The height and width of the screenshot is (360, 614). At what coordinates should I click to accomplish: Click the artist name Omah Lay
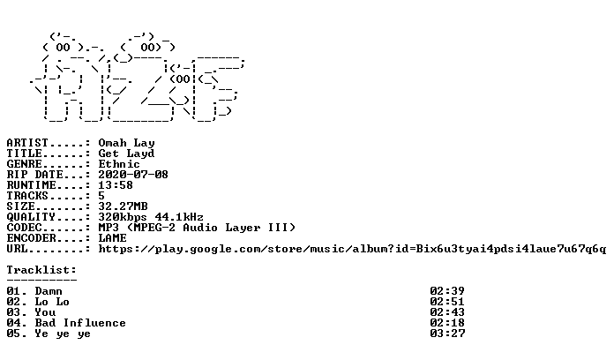coord(126,143)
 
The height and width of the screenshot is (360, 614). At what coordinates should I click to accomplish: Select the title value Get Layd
coord(126,154)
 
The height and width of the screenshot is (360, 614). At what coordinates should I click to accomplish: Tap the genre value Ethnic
coord(119,164)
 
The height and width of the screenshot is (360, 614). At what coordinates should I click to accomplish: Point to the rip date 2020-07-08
coord(133,175)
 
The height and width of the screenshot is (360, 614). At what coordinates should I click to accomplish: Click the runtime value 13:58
coord(116,185)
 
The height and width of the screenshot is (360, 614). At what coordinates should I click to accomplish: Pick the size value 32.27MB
coord(123,206)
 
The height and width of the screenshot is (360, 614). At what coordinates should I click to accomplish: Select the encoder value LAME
coord(112,237)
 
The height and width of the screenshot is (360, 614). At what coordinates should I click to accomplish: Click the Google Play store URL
coord(352,249)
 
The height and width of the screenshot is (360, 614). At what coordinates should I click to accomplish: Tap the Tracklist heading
coord(41,270)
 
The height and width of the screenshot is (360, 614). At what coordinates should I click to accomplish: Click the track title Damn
coord(49,291)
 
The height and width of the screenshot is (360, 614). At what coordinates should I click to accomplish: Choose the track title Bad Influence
coord(80,323)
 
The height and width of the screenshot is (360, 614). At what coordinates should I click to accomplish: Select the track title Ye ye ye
coord(63,334)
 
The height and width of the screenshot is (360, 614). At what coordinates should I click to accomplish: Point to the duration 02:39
coord(447,291)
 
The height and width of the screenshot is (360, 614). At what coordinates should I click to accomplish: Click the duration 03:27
coord(447,334)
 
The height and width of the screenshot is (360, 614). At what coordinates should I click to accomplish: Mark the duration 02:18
coord(447,323)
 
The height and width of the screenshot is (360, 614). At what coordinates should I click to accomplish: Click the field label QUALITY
coord(31,217)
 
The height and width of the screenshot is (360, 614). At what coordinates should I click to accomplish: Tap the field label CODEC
coord(25,227)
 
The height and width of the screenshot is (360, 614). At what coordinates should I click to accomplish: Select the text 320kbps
coord(123,217)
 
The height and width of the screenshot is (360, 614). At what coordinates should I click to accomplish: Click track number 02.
coord(14,302)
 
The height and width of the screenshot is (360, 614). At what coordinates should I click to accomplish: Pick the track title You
coord(45,312)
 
